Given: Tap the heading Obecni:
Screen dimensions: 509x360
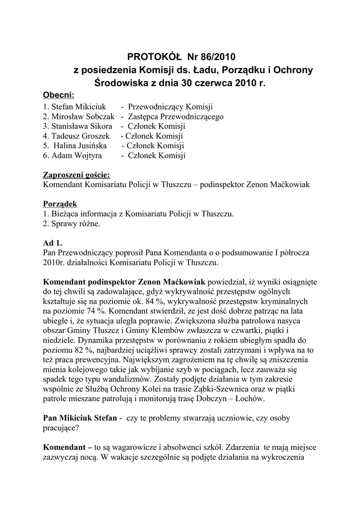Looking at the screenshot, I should click(59, 95).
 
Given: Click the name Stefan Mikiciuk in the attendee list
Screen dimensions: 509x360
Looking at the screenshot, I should click(75, 107).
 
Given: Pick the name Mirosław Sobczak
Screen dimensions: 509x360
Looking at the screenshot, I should click(79, 117).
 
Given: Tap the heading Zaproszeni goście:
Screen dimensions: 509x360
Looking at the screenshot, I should click(77, 175).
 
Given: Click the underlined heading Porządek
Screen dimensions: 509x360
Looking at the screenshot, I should click(60, 204).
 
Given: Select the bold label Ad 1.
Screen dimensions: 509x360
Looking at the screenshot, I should click(53, 243).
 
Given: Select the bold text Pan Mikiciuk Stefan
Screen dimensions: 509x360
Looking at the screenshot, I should click(81, 419).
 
